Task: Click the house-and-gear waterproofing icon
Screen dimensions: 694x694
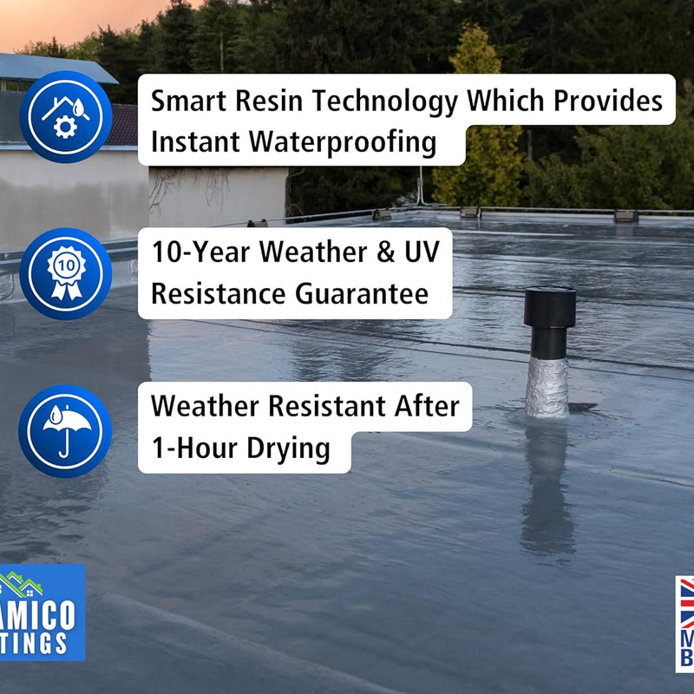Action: [x=66, y=117]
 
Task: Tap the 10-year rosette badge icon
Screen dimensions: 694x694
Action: [x=66, y=273]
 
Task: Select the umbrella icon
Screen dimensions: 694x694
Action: [x=66, y=431]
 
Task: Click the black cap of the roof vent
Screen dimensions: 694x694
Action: [x=549, y=307]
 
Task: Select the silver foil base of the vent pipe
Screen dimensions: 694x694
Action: [x=547, y=387]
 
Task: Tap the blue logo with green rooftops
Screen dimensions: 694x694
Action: [x=42, y=612]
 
